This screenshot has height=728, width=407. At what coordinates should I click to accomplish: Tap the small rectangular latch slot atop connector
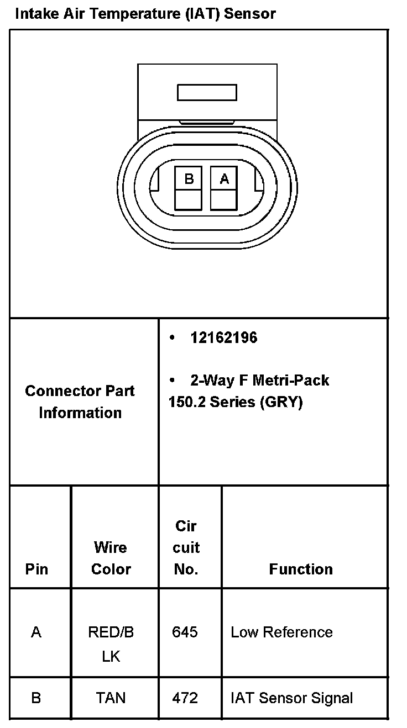point(207,92)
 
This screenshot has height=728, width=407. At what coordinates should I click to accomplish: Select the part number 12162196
point(223,337)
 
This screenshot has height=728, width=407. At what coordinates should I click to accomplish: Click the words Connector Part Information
point(80,402)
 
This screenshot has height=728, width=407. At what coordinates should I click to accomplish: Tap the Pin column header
point(36,569)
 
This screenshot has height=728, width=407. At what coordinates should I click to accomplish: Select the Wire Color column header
point(111,558)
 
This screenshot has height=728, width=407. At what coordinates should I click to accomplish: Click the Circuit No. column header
point(186,547)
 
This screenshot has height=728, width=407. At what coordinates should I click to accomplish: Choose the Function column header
point(301,569)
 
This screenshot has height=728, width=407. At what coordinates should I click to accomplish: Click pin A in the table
point(36,632)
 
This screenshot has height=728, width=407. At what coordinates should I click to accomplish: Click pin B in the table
point(36,698)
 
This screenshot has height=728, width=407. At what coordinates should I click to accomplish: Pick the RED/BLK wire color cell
point(111,643)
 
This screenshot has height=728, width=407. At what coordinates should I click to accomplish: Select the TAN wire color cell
point(111,698)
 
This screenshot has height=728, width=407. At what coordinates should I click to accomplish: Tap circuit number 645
point(185,632)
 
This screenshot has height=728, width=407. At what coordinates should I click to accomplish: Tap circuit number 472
point(185,698)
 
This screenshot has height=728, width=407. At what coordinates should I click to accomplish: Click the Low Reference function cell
point(281,632)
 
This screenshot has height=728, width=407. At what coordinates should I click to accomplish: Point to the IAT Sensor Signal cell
point(291,698)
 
